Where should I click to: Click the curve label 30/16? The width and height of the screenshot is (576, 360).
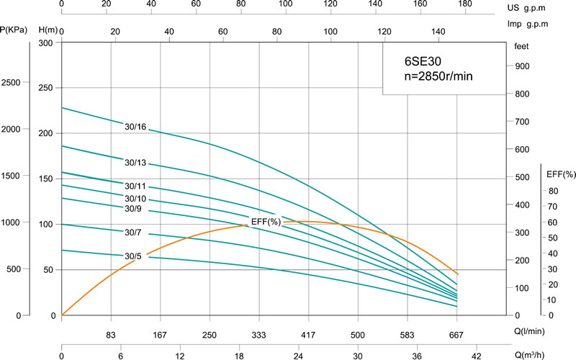135,127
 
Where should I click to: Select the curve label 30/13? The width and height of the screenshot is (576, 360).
135,163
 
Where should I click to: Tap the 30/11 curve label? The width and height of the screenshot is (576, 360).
135,186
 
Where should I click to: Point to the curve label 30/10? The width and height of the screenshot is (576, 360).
135,199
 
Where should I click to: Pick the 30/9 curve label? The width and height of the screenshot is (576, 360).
135,209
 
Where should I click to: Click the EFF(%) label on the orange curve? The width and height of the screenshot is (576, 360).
265,222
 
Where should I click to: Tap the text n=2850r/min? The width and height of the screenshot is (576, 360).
438,76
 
